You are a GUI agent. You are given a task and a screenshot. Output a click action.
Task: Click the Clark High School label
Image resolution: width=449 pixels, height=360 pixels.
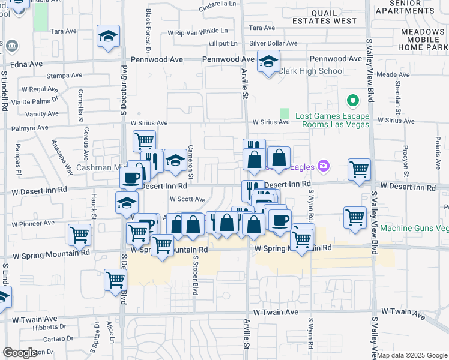tap(311, 71)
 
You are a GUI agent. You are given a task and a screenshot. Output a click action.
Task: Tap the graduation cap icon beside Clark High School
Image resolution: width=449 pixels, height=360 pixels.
tap(268, 61)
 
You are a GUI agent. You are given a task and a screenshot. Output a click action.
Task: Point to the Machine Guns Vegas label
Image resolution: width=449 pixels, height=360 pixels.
tap(414, 229)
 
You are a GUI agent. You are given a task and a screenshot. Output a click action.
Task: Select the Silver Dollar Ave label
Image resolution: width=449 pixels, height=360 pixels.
tap(273, 43)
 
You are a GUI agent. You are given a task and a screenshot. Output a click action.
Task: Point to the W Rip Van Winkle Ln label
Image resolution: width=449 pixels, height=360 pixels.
tap(198, 31)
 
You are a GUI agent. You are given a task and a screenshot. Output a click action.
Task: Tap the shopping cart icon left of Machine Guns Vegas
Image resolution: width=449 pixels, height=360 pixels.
tap(355, 217)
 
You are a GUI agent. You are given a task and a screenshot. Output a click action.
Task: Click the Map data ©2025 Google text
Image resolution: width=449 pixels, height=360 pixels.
tap(411, 355)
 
